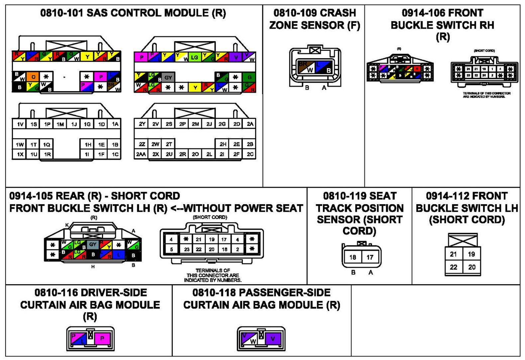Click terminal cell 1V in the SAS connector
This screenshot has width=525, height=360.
click(x=20, y=124)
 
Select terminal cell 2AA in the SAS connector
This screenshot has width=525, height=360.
click(x=141, y=154)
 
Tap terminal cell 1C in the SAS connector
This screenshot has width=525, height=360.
click(x=115, y=154)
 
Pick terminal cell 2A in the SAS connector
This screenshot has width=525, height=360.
click(x=250, y=124)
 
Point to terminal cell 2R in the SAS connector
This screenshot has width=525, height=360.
click(x=182, y=154)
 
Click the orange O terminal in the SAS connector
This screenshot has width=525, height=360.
click(x=33, y=77)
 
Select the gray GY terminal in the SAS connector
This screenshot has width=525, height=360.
click(x=168, y=78)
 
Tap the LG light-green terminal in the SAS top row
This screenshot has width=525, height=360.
click(x=195, y=57)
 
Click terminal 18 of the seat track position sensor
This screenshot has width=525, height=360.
click(x=353, y=257)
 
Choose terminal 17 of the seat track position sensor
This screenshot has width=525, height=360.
click(x=370, y=257)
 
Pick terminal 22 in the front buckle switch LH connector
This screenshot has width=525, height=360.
click(x=454, y=267)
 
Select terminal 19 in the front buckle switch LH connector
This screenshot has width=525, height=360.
click(x=472, y=254)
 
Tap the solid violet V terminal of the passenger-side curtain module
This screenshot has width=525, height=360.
click(x=273, y=338)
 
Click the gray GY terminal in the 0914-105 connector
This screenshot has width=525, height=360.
click(x=93, y=244)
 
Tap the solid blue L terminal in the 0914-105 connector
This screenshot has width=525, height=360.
click(x=118, y=255)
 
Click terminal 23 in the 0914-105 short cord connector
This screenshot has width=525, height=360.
click(x=187, y=249)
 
